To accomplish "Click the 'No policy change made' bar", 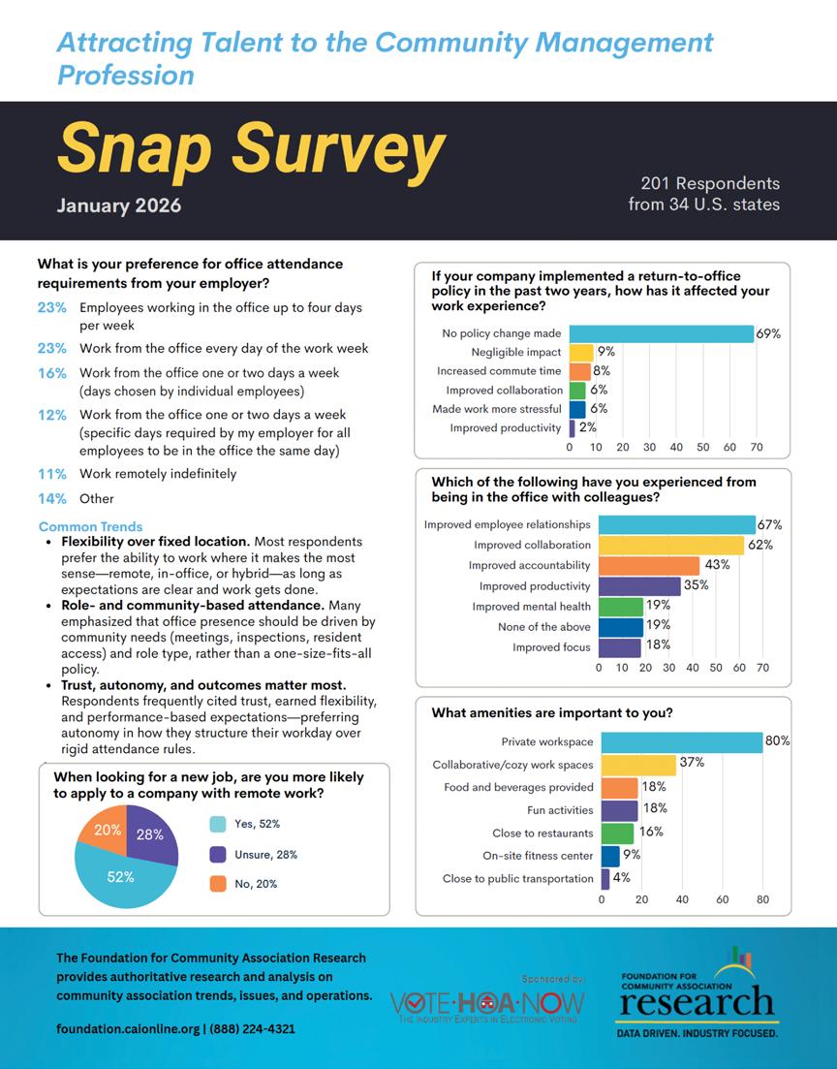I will point(662,333).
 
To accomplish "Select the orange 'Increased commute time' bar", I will point(579,371).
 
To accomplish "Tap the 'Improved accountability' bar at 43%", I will point(649,565).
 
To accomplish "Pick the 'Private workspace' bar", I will point(682,741).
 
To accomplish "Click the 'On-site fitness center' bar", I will point(610,856).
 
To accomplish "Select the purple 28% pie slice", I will point(153,835).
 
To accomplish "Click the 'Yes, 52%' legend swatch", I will point(219,824).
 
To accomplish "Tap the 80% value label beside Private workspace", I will point(777,741).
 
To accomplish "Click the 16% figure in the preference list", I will point(52,373).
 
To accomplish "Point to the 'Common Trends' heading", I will point(90,527).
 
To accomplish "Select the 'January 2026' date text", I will point(118,205).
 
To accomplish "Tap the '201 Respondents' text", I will point(710,183).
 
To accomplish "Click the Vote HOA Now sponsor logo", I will point(484,1004).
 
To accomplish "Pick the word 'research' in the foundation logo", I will point(696,1001).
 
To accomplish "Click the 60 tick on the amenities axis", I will point(722,900).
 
